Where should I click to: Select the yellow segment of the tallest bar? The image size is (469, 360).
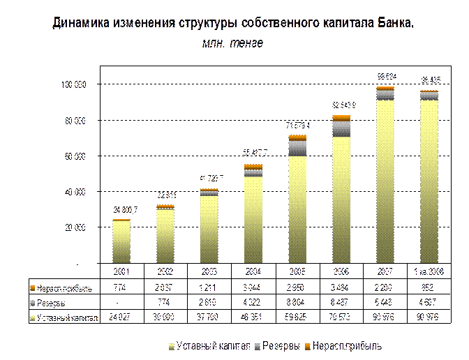385,181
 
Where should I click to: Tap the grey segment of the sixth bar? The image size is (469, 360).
341,128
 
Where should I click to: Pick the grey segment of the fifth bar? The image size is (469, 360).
297,147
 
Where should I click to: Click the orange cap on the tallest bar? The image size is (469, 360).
385,88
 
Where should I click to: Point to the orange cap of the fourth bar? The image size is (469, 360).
253,166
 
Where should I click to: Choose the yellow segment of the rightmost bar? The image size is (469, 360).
429,181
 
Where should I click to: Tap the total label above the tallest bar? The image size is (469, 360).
386,77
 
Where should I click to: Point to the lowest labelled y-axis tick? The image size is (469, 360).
74,227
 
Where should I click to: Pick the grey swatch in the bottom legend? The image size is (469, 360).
257,345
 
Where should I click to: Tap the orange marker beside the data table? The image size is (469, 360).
33,287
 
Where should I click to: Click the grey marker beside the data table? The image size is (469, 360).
33,303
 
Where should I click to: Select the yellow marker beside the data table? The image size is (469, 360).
33,318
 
